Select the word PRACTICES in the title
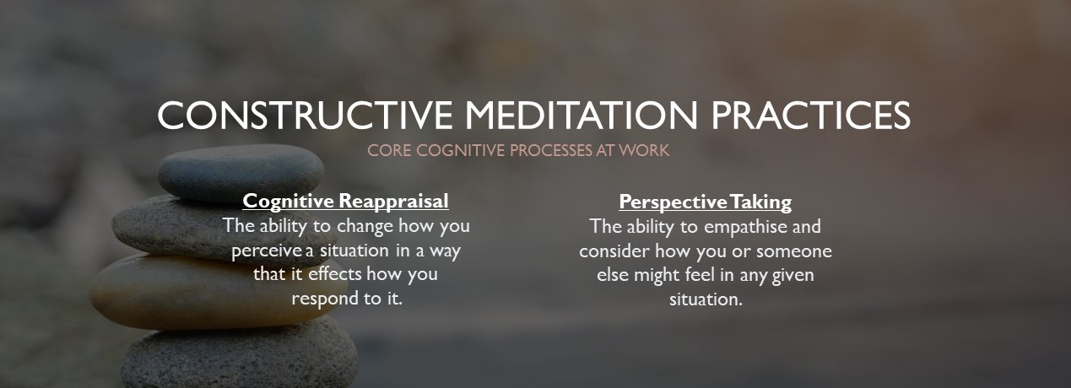(x=811, y=116)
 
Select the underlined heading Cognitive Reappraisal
(x=345, y=202)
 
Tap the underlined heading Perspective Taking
(x=705, y=202)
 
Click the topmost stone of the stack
(x=240, y=171)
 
